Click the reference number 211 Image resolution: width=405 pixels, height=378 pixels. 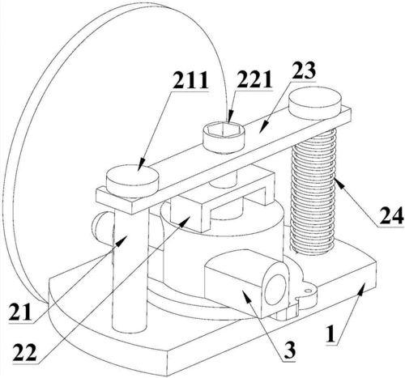(190, 80)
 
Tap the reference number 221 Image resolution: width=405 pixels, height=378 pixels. (254, 79)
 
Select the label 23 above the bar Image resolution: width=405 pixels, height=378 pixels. (303, 70)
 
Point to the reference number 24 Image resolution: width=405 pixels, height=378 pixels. (391, 215)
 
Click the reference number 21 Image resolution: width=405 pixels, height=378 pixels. (20, 312)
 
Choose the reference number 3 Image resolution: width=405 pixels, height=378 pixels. (290, 350)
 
